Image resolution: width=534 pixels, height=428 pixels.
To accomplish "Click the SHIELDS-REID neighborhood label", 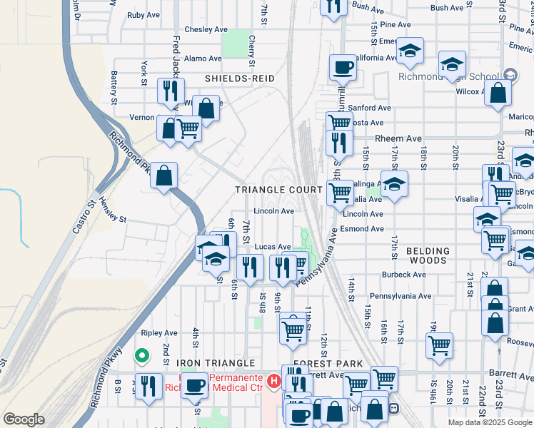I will click(240, 78).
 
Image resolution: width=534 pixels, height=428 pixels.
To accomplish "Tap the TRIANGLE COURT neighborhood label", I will click(280, 190).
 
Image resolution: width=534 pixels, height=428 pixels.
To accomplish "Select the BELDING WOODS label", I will click(428, 256).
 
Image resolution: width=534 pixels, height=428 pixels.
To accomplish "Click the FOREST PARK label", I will click(320, 363).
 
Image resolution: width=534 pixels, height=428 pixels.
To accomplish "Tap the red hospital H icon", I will click(273, 383).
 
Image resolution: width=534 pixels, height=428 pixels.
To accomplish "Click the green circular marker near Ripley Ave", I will click(142, 355).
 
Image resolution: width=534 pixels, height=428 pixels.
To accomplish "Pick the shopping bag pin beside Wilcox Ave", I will click(498, 92).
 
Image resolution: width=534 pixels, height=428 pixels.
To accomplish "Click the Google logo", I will click(24, 419).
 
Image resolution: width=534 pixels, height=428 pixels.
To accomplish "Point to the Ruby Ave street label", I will click(143, 15).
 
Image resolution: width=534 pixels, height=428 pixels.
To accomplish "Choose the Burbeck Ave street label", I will click(403, 274).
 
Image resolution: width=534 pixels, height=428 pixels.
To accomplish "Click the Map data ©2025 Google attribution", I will click(489, 422).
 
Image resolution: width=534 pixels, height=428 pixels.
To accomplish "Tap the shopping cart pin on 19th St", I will click(438, 346).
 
